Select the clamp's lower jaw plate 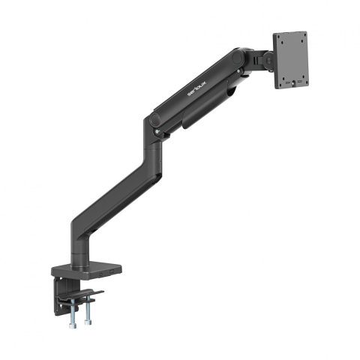(x=82, y=293)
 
